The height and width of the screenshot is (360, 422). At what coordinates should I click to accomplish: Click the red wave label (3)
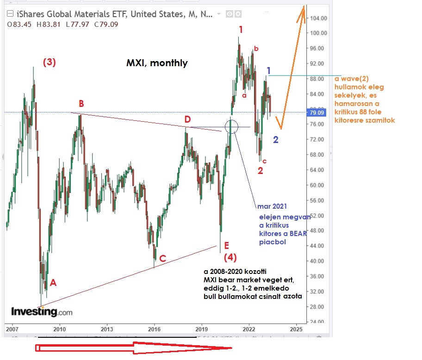pos(50,62)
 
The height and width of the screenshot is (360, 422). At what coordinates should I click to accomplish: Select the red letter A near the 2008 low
pos(53,283)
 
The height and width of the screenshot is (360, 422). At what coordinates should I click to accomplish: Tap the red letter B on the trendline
pos(81,103)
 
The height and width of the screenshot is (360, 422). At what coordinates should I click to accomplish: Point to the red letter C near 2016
pos(162,259)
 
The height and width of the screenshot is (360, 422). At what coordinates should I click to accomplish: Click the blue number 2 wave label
pos(275,140)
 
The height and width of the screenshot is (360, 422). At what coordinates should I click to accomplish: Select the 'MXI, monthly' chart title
pos(157,63)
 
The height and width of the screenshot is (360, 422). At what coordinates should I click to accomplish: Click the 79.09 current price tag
pos(319,112)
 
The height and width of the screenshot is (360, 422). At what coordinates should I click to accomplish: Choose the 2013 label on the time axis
pos(107,329)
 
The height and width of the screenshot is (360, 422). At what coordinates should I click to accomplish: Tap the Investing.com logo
pos(42,311)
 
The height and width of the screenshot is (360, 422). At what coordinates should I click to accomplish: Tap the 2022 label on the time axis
pos(249,329)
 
